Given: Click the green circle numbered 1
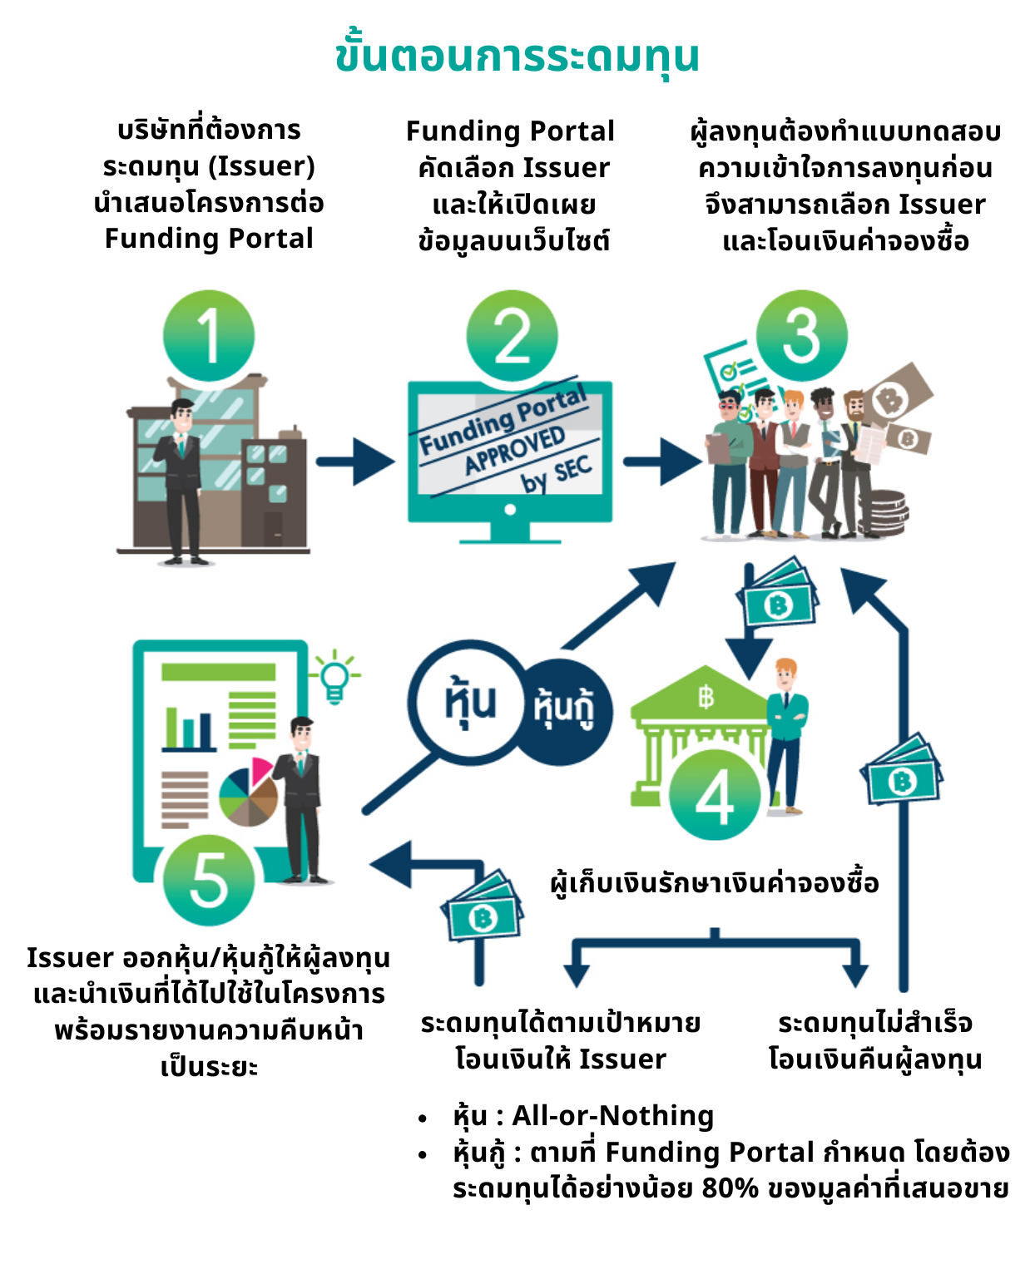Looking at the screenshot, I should [209, 335].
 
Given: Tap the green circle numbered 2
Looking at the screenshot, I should [512, 335].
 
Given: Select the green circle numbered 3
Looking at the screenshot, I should [801, 335].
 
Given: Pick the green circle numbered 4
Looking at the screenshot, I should [715, 794].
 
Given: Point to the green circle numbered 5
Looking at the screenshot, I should [209, 880].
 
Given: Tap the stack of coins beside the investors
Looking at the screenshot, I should [884, 511].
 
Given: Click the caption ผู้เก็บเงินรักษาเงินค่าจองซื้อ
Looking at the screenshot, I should [715, 882].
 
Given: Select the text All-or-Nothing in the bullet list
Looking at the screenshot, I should [613, 1115].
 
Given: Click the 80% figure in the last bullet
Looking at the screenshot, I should [730, 1188].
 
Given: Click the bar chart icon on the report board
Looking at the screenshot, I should [190, 729].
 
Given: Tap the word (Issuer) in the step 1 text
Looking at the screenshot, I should [261, 166].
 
